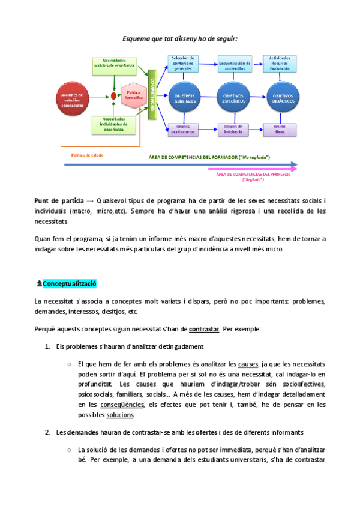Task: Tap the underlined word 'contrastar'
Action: click(x=204, y=329)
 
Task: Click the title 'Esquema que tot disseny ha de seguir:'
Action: click(x=180, y=38)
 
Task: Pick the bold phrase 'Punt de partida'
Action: click(x=58, y=200)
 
